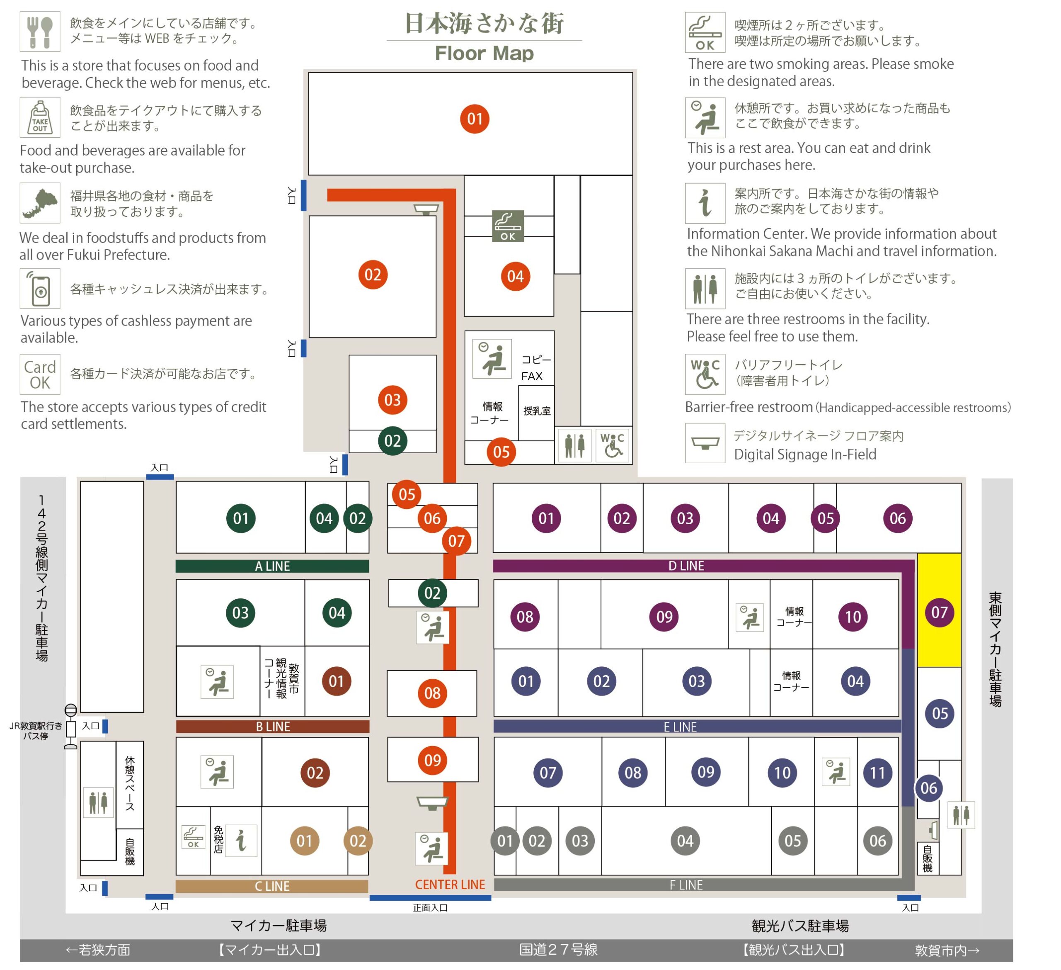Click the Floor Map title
484,53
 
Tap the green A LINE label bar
272,566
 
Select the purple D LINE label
686,566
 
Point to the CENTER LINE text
450,884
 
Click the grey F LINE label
686,885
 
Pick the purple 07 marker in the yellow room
940,613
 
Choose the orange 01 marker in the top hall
475,119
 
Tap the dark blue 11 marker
877,773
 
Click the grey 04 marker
685,841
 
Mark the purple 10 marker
853,617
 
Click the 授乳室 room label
537,411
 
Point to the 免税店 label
218,839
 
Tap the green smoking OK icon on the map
508,226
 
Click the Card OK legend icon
40,374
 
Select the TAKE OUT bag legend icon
40,117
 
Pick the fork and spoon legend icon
40,32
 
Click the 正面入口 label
431,907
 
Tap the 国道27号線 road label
558,949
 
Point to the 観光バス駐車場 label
800,926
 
